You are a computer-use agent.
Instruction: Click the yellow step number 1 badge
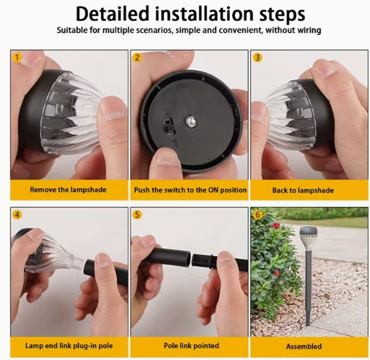[17, 57]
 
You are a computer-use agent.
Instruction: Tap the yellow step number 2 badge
[137, 57]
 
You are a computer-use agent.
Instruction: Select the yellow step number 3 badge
[257, 57]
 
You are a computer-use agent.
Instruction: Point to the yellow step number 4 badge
[17, 214]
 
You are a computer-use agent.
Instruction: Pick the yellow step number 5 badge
[137, 215]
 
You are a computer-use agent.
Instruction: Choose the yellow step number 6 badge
[257, 214]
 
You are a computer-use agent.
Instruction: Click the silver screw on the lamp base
[190, 122]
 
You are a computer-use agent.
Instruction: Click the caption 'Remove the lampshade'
[68, 190]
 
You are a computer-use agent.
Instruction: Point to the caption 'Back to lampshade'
[303, 191]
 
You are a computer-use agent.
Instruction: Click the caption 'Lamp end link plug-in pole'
[69, 346]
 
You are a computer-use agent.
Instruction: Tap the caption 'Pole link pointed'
[191, 346]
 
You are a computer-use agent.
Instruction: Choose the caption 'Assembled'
[304, 347]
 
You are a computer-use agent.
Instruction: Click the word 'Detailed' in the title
[113, 14]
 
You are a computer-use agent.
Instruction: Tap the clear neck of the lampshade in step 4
[77, 262]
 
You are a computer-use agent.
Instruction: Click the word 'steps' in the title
[282, 15]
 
